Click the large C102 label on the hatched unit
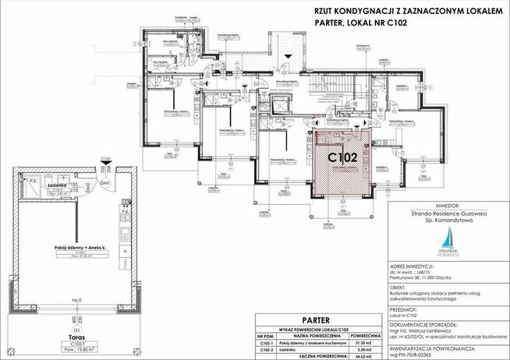342,157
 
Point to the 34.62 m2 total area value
366,356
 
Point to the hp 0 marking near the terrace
76,299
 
